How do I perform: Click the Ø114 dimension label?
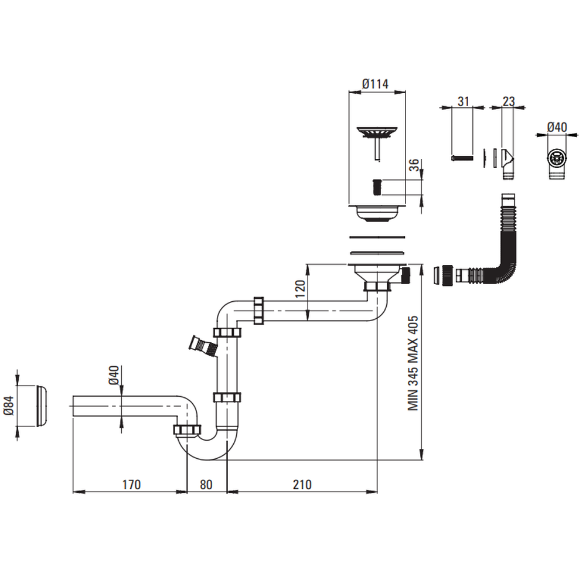(x=376, y=84)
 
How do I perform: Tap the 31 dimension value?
(x=463, y=101)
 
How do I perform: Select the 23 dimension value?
(x=508, y=101)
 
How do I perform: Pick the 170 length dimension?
(x=131, y=485)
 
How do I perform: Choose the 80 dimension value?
(x=206, y=485)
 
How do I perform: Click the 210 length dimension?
(x=302, y=485)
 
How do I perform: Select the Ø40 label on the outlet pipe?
(x=114, y=376)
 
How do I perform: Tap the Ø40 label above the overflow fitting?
(x=557, y=127)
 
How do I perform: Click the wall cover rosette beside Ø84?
(x=42, y=406)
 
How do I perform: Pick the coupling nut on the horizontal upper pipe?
(x=259, y=309)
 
